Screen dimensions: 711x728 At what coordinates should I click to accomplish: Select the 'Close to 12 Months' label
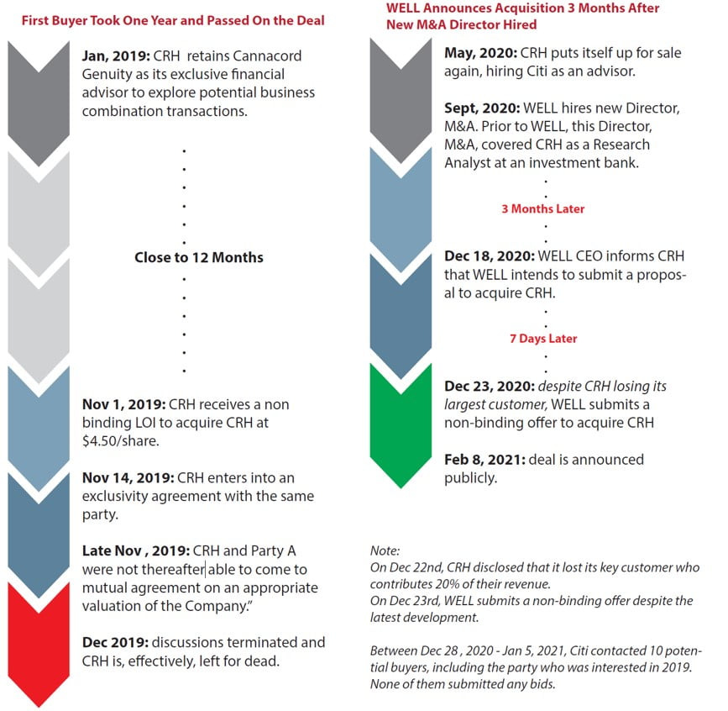[x=198, y=257]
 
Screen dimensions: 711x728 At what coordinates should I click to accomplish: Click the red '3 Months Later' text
[x=542, y=208]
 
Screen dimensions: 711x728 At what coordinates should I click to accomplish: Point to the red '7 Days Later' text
[x=543, y=339]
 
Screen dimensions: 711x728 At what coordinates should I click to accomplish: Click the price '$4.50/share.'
[x=120, y=441]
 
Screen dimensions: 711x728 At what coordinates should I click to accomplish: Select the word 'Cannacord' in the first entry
[x=270, y=55]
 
